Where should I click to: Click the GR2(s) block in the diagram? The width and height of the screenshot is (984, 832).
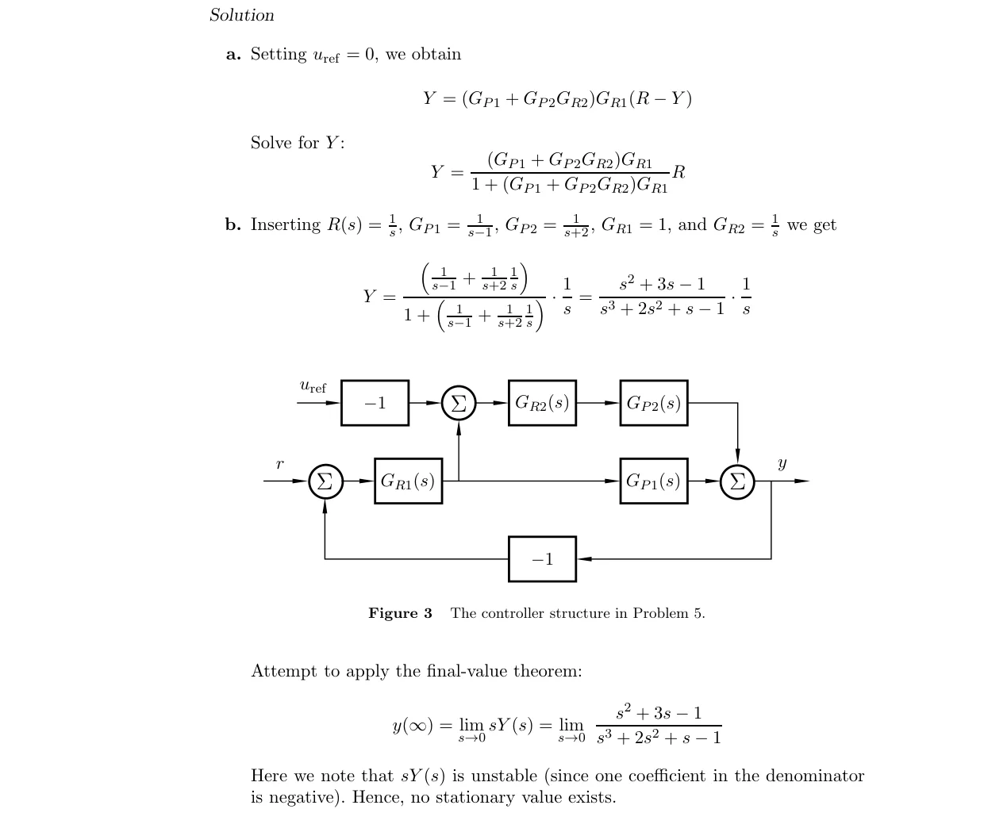tap(542, 402)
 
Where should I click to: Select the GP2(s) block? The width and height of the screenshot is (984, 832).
tap(654, 402)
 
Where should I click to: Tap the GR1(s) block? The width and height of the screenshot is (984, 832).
tap(408, 481)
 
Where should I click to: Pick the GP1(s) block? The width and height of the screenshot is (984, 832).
tap(654, 481)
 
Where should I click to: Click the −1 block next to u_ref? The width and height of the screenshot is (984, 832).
tap(375, 402)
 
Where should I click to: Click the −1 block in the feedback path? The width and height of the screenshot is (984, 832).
tap(542, 559)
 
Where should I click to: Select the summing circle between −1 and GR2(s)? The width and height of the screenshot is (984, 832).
tap(459, 403)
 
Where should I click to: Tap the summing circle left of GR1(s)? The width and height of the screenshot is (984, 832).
tap(325, 481)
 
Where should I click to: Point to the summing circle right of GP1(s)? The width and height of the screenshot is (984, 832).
tap(737, 481)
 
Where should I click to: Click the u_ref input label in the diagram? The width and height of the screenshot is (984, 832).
tap(313, 386)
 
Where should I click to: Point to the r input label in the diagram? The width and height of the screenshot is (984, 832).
tap(279, 463)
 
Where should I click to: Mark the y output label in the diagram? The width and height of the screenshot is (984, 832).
tap(782, 463)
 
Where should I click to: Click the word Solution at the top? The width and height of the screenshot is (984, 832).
tap(242, 15)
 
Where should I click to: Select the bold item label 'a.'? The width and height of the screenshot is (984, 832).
tap(233, 54)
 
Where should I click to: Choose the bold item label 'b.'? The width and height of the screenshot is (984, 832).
tap(233, 224)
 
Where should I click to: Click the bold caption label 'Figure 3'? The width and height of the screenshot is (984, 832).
tap(401, 613)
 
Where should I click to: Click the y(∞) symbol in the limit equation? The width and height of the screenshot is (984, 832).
tap(413, 726)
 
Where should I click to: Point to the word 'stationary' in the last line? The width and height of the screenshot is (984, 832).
tap(475, 797)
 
